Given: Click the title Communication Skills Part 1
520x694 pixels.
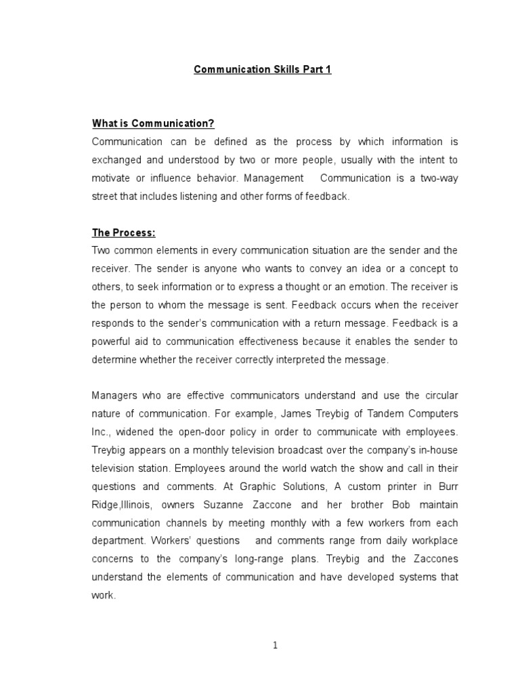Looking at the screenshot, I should coord(263,70).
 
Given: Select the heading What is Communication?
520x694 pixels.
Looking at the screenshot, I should coord(153,123).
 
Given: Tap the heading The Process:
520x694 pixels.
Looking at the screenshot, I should coord(124,233).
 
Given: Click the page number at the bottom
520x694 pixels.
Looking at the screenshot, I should coord(276,645).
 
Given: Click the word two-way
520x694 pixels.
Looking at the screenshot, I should coord(438,178).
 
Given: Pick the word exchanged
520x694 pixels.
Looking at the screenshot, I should coord(116,160).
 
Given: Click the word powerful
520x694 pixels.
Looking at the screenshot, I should coord(110,342).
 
